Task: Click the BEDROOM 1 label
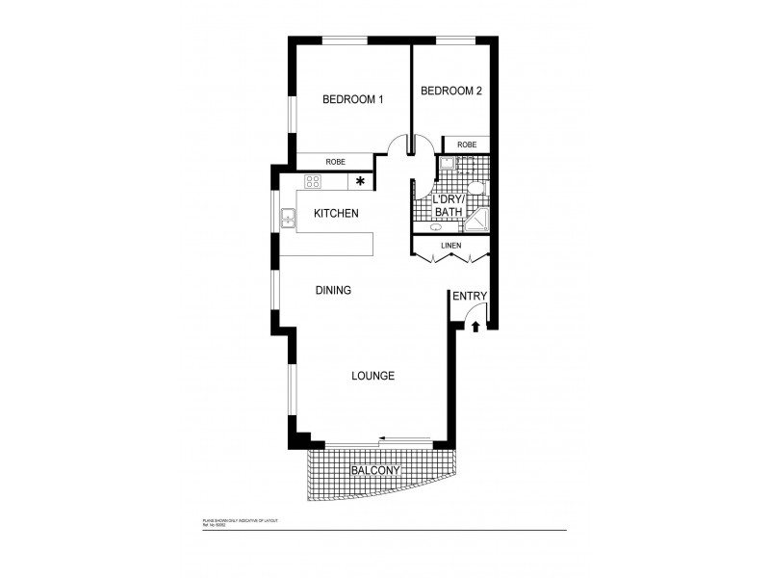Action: [x=352, y=99]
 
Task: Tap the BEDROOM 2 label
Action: [x=451, y=92]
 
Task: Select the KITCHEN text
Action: [x=336, y=213]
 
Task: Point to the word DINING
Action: [x=333, y=290]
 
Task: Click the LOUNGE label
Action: [x=373, y=377]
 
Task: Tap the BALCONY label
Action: [x=375, y=470]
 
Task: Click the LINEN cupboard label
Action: [x=450, y=247]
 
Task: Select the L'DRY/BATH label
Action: [x=449, y=204]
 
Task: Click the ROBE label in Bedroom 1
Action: [x=335, y=162]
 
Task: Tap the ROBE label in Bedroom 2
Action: [x=466, y=144]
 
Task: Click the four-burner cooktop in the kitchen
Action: [x=314, y=180]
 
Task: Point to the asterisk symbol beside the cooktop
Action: [x=361, y=180]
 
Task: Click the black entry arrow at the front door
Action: [x=475, y=327]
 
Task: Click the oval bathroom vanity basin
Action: [x=436, y=227]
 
